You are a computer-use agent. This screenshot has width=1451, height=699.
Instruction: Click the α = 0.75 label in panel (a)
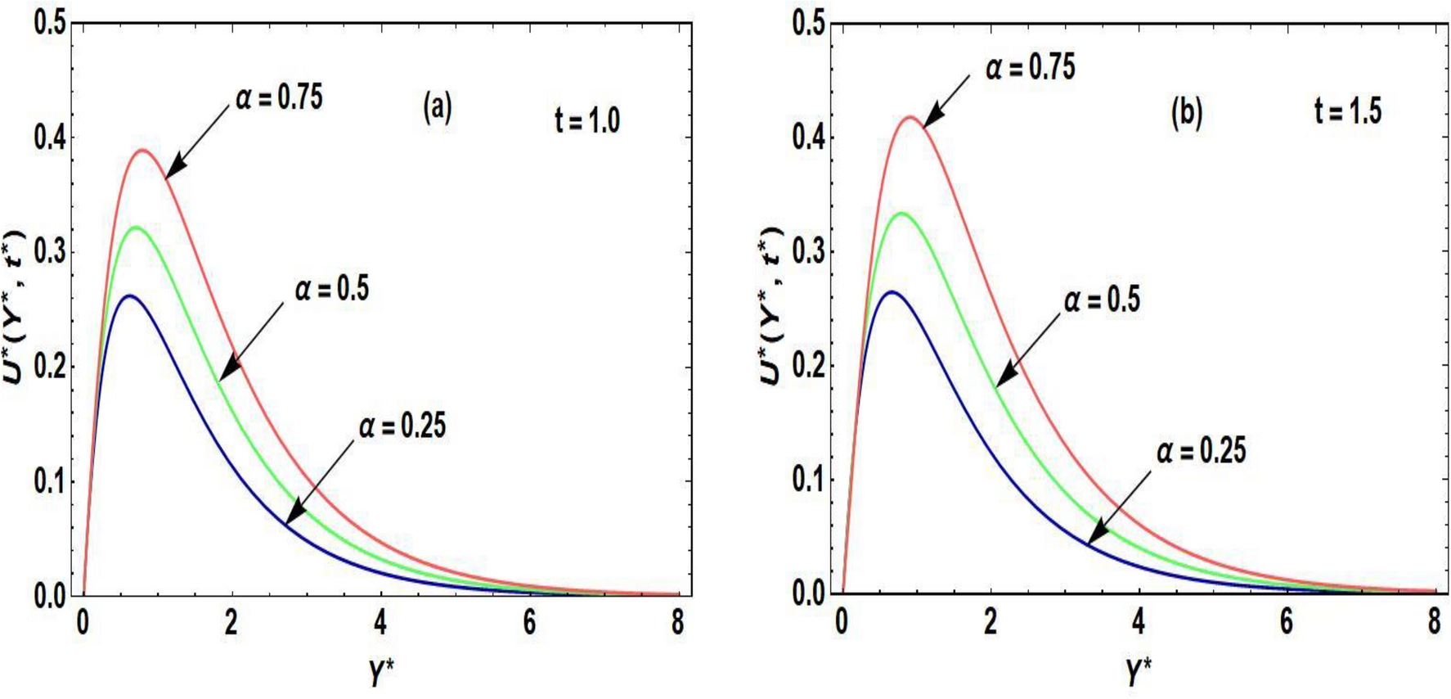(x=279, y=98)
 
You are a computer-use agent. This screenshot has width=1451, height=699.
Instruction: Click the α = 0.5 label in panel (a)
(x=331, y=289)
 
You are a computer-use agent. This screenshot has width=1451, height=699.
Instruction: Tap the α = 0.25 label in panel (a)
(x=402, y=426)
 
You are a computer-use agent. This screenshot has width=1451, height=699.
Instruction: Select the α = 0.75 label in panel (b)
(x=1030, y=67)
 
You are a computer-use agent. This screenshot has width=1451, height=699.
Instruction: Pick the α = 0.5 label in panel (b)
(x=1101, y=300)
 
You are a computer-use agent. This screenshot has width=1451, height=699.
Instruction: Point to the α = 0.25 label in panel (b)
(x=1200, y=451)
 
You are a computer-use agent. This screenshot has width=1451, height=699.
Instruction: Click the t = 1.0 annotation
(x=587, y=120)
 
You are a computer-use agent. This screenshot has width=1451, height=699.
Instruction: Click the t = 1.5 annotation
(x=1348, y=110)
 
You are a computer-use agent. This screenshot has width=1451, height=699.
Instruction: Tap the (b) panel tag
(x=1187, y=114)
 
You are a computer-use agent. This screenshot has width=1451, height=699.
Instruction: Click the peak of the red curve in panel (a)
(x=143, y=150)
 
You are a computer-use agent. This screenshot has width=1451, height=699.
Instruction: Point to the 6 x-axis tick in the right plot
(x=1286, y=623)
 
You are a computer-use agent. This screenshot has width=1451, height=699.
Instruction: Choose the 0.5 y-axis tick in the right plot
(x=808, y=23)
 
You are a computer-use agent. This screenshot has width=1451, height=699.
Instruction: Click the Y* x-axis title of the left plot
(x=381, y=673)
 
